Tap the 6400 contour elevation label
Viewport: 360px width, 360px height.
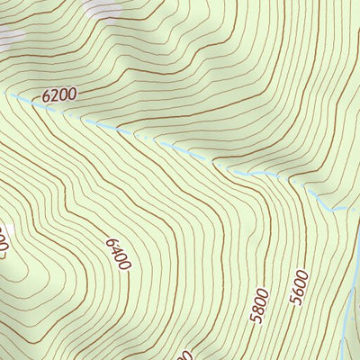(x=118, y=255)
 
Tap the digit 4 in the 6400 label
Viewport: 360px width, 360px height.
(x=115, y=250)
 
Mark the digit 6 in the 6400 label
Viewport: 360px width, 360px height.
(x=110, y=241)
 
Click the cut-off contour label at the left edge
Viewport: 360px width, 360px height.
(x=4, y=239)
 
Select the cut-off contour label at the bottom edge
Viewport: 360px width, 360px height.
(x=186, y=355)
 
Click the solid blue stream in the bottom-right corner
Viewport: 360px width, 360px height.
(x=349, y=315)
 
